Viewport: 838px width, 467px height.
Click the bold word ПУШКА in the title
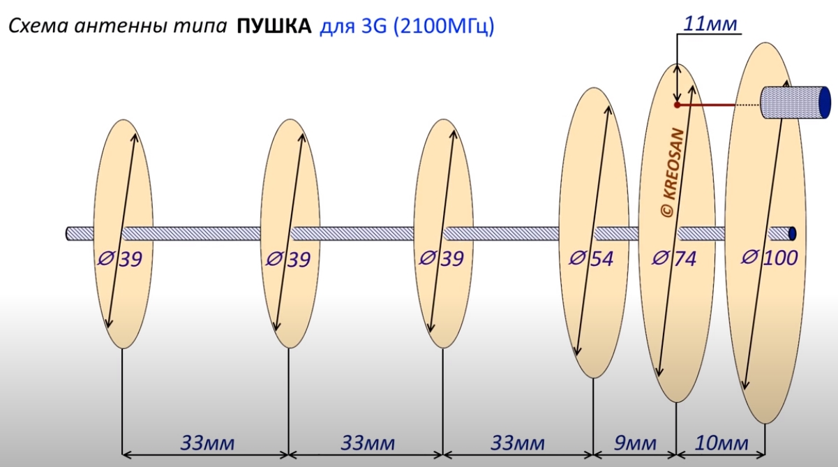click(274, 27)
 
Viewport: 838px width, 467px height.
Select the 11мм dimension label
click(710, 24)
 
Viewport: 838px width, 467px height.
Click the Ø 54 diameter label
click(591, 258)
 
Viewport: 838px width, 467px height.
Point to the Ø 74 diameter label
click(674, 258)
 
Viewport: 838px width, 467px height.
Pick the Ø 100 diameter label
click(769, 258)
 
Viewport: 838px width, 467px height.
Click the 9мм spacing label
click(635, 443)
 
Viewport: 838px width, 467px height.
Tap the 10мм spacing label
click(721, 443)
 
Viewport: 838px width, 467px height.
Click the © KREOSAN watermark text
click(673, 173)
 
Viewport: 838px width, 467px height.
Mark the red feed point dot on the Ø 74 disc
click(677, 105)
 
